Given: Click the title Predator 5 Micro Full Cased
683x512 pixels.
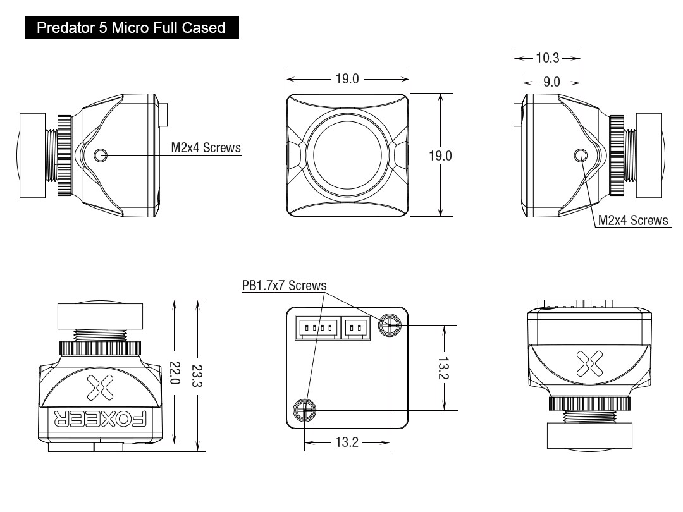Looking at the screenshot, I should click(x=132, y=28).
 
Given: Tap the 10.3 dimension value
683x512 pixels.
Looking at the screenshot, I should click(x=548, y=58).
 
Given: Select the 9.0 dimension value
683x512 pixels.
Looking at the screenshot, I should click(x=551, y=82).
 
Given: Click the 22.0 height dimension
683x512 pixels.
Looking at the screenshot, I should click(x=175, y=374).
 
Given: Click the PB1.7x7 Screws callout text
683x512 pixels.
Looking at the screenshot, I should click(x=284, y=286).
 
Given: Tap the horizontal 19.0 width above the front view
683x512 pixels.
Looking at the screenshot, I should click(x=347, y=80).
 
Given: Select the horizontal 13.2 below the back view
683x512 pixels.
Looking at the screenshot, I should click(x=347, y=442).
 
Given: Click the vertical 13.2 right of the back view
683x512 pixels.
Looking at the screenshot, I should click(x=445, y=368).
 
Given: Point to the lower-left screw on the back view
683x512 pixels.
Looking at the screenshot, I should click(x=305, y=410).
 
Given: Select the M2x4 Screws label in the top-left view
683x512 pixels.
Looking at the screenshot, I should click(x=206, y=148).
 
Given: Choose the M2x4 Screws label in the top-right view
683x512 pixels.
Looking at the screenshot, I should click(x=633, y=220).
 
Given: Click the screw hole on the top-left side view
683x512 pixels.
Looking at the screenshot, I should click(x=101, y=155).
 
